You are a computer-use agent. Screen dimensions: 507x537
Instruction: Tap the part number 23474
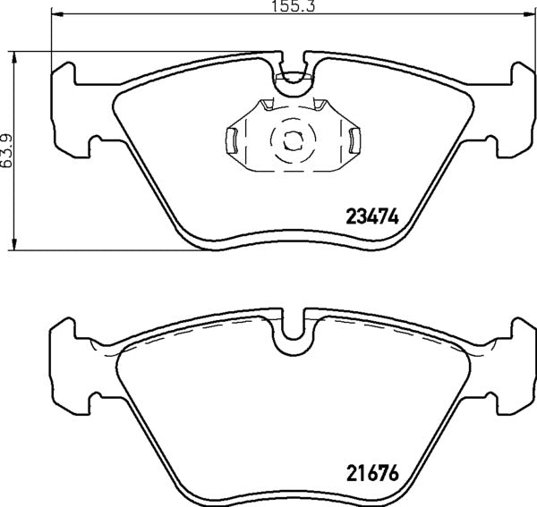(371, 216)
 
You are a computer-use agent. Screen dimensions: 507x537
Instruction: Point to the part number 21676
(371, 475)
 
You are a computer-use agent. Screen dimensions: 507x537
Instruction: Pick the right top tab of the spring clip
(320, 105)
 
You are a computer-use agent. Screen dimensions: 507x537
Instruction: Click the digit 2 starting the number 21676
(351, 475)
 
